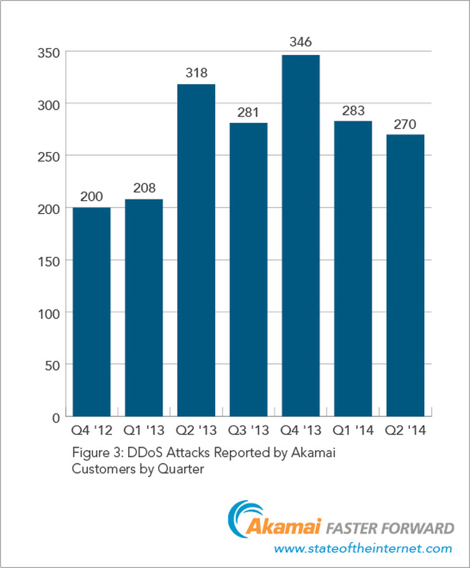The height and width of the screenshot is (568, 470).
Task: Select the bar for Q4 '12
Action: click(91, 312)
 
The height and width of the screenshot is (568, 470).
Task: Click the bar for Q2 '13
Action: click(196, 251)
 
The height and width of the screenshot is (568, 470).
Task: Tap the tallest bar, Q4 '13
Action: click(301, 236)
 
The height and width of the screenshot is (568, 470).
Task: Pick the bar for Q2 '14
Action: click(405, 276)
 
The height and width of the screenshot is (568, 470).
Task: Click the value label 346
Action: click(301, 42)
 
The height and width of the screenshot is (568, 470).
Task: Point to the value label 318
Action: click(196, 73)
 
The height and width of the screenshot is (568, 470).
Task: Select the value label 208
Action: click(144, 188)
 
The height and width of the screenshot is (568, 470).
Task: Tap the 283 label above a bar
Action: click(353, 110)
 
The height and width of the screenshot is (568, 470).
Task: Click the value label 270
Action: click(405, 124)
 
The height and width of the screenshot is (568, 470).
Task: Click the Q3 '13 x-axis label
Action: click(249, 431)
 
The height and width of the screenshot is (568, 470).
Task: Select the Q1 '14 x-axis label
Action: click(353, 431)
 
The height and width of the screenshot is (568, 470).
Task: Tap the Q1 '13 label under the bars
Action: click(144, 431)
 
